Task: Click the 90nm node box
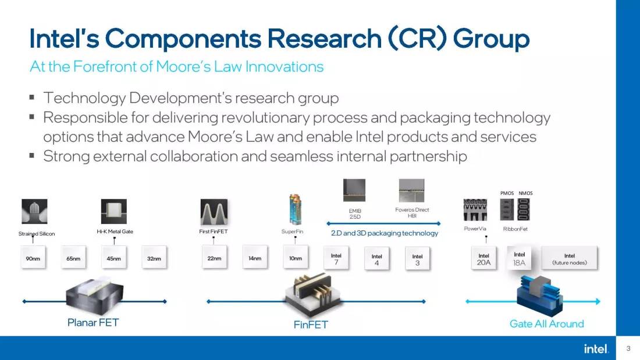tap(33, 259)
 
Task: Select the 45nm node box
tap(113, 259)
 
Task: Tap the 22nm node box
tap(214, 259)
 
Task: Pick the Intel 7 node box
tap(336, 259)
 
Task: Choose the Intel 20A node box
tap(484, 259)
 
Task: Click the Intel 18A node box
tap(520, 258)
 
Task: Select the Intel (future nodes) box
tap(569, 259)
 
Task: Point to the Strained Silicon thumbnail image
tap(34, 212)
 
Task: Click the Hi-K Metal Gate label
tap(115, 231)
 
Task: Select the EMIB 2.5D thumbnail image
tap(354, 190)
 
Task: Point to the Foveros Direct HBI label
tap(412, 213)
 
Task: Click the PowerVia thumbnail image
tap(475, 211)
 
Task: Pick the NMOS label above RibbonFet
tap(525, 193)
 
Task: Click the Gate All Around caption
tap(546, 323)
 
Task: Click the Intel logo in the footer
tap(596, 348)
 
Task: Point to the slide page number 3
tap(628, 348)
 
